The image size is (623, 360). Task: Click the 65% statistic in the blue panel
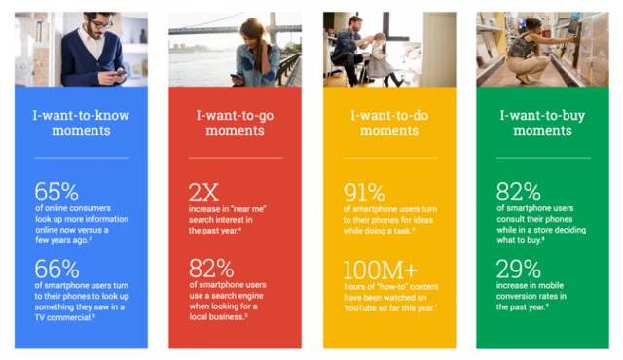pyautogui.click(x=56, y=192)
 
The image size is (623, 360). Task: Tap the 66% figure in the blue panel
pyautogui.click(x=56, y=269)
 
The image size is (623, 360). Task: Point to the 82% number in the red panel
pyautogui.click(x=211, y=269)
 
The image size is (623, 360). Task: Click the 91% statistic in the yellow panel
pyautogui.click(x=365, y=192)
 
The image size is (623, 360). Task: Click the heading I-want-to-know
pyautogui.click(x=81, y=115)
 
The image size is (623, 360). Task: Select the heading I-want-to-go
pyautogui.click(x=235, y=115)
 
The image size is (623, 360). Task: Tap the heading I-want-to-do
pyautogui.click(x=389, y=115)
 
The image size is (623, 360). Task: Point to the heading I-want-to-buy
pyautogui.click(x=543, y=115)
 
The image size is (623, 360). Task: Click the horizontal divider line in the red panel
pyautogui.click(x=235, y=157)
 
